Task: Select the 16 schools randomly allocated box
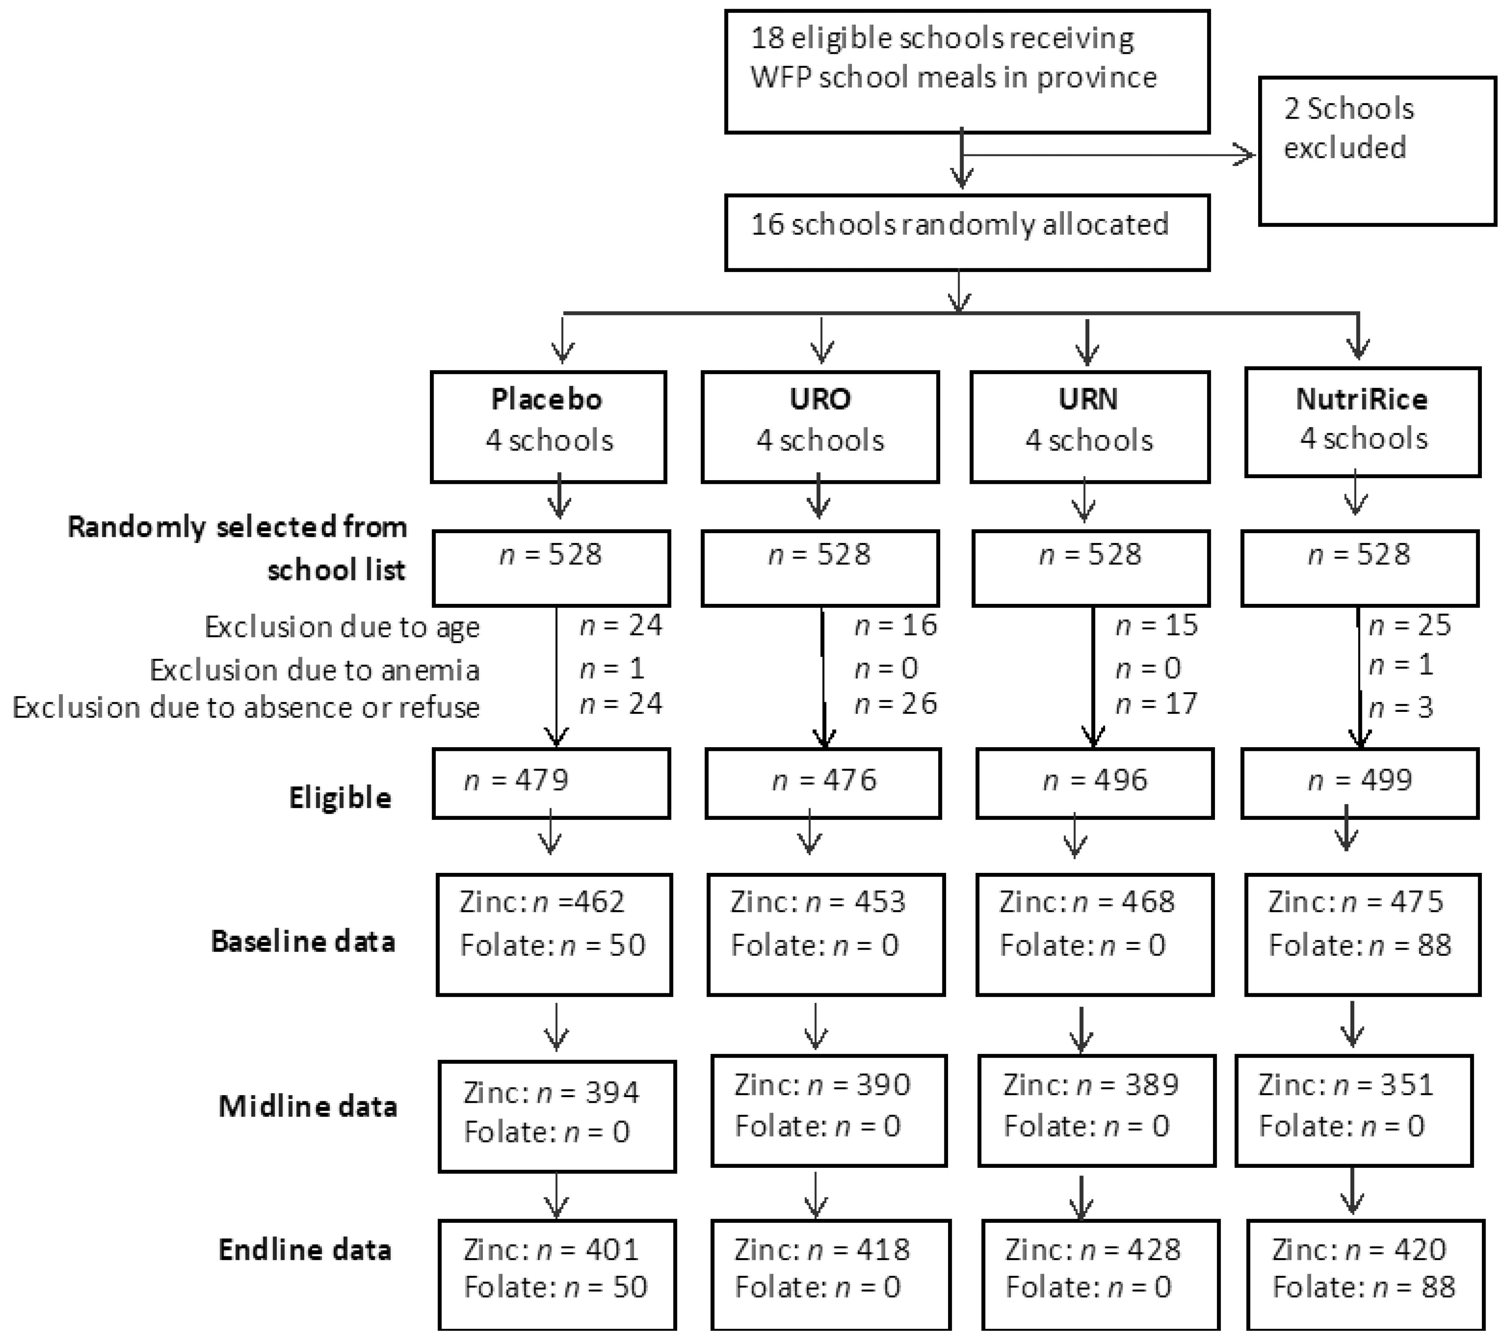967,232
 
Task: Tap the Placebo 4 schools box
549,427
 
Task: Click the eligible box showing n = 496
1094,783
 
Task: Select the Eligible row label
340,798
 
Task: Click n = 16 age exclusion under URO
896,626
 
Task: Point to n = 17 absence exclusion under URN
1156,703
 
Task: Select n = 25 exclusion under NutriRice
1409,626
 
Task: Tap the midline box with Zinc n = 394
557,1116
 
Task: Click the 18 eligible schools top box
967,71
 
